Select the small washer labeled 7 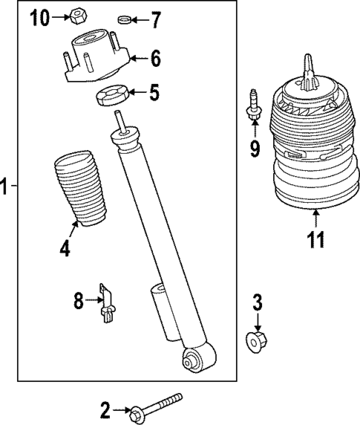(x=125, y=19)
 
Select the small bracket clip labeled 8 (x=108, y=305)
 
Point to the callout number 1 (x=6, y=186)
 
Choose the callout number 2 (x=105, y=409)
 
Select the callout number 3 (x=258, y=302)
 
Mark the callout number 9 (x=255, y=149)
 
